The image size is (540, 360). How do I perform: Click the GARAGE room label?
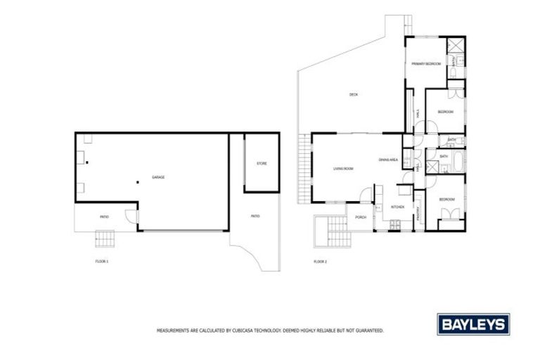(x=158, y=177)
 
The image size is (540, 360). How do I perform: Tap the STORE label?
(x=262, y=164)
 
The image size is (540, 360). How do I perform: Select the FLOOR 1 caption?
(x=103, y=261)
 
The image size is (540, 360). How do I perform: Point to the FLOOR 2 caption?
(x=321, y=261)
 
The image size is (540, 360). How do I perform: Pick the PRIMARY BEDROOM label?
(x=426, y=64)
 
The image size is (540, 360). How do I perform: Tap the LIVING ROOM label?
(x=343, y=169)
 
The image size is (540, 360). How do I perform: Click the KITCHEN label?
(x=397, y=207)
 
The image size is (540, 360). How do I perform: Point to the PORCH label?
(x=361, y=217)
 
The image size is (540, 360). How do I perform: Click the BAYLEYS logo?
(x=474, y=324)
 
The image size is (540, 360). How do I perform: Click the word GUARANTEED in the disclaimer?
(x=368, y=329)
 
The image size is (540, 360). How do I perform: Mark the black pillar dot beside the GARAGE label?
(x=139, y=182)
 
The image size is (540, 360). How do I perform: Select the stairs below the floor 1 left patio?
(x=104, y=240)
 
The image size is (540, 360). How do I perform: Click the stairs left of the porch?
(x=331, y=232)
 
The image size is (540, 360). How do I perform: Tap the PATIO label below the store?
(x=255, y=216)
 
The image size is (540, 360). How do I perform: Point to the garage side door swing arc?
(x=131, y=217)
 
